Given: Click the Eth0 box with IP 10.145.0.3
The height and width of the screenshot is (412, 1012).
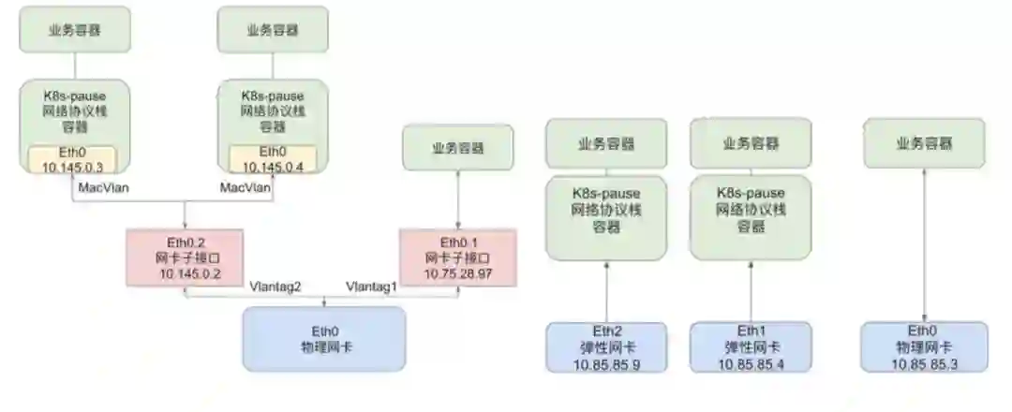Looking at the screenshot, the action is pos(71,160).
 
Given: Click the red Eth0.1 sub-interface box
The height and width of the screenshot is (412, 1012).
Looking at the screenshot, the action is pos(457,258).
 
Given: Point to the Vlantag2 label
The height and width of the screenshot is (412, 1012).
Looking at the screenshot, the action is pos(275,286).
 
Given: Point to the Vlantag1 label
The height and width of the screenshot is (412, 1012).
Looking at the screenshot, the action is pos(371,286).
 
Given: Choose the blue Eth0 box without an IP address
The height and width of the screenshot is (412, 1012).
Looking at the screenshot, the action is pos(323,339).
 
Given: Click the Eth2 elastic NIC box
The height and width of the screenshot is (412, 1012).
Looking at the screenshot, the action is pos(606,347).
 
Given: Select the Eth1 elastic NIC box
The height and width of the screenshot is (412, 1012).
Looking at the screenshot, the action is pos(751,347).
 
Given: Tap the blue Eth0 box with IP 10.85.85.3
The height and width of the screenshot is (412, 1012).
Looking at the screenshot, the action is pos(925,347).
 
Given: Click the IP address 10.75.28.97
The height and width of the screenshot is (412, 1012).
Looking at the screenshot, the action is pos(457,272).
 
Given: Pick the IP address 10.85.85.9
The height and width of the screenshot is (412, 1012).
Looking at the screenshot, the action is pos(606,363).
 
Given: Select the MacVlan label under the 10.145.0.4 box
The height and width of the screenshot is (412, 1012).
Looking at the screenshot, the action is pos(246,189).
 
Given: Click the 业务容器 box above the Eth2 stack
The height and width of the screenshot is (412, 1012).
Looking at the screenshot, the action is pos(606,144).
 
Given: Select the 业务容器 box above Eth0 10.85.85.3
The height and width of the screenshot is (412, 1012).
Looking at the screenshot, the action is pos(925,144).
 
